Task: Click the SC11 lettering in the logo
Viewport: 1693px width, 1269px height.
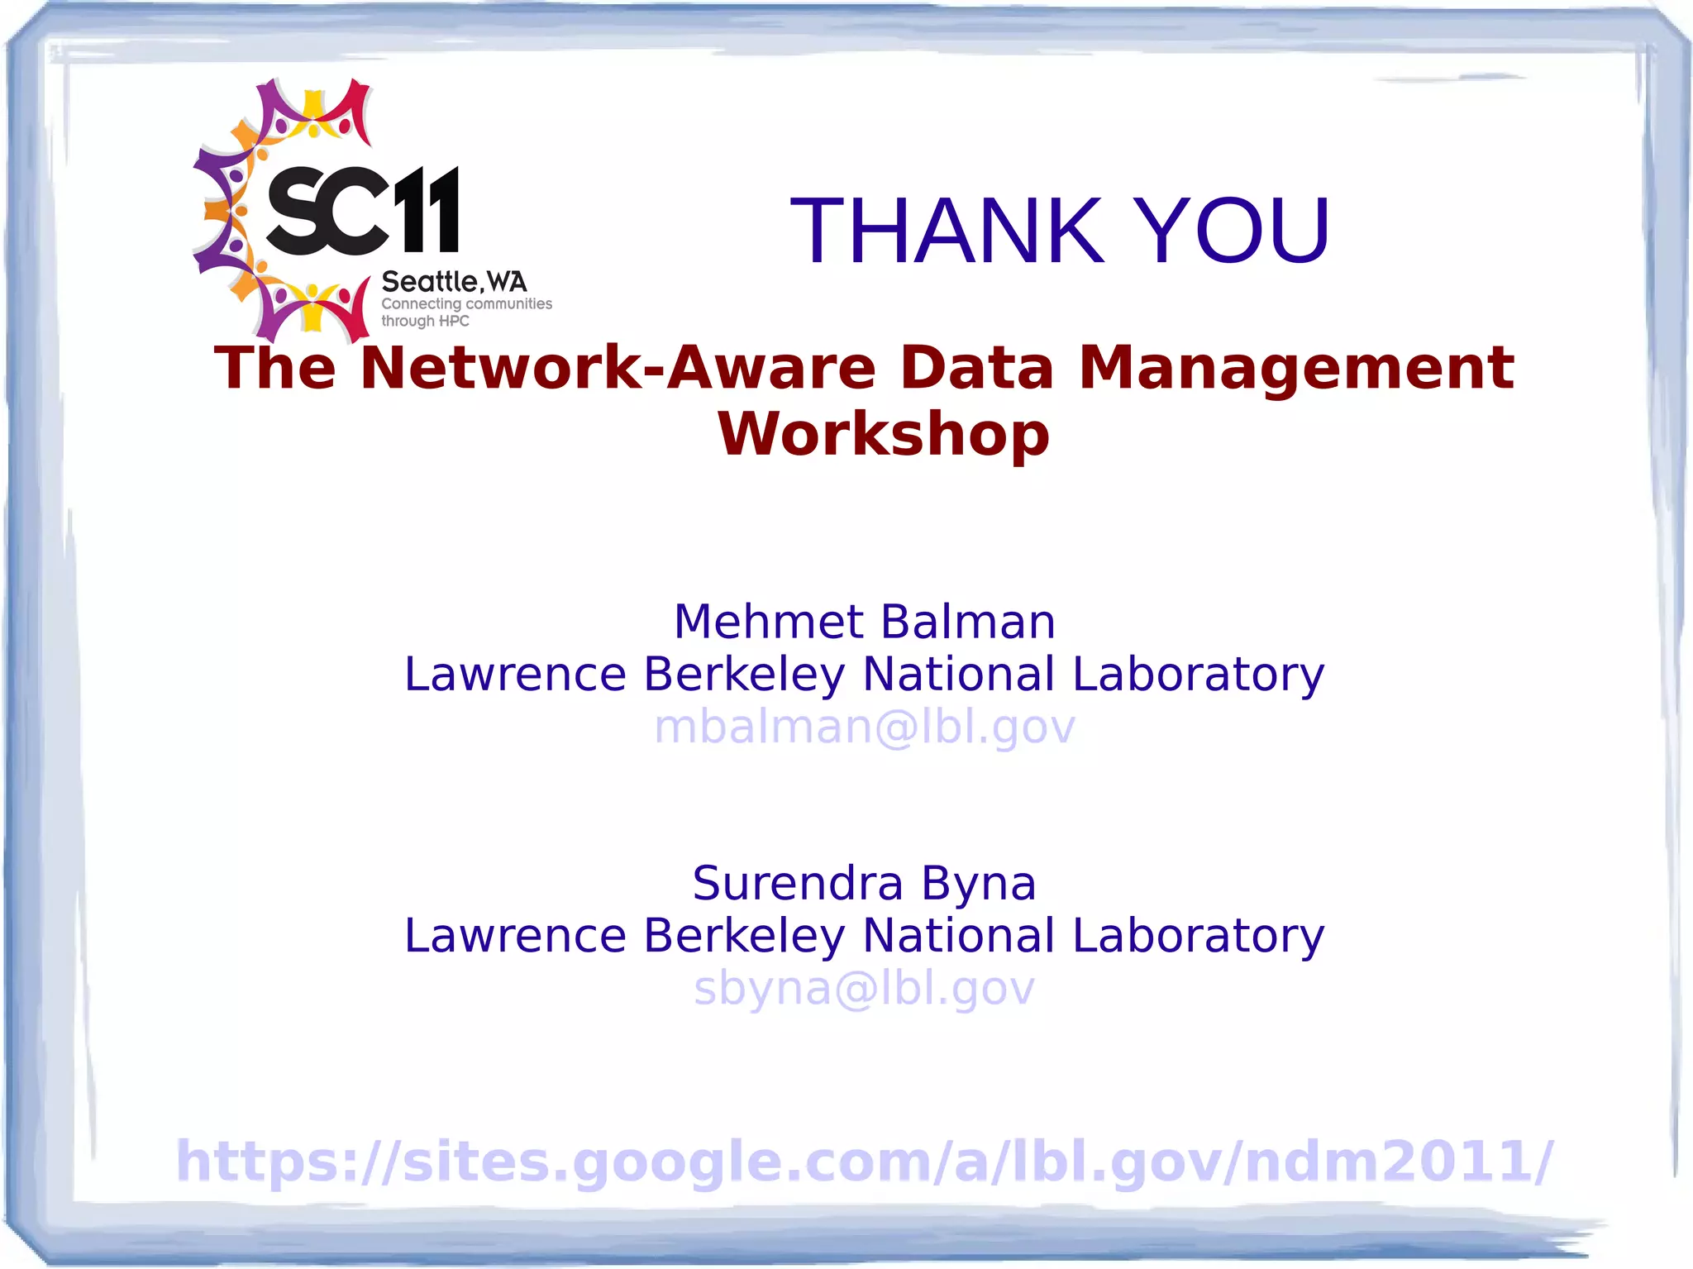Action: (x=362, y=211)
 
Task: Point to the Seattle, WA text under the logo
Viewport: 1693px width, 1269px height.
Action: (x=454, y=282)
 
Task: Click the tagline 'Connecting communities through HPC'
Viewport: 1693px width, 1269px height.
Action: (x=465, y=312)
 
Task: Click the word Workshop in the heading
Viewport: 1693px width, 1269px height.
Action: (x=884, y=434)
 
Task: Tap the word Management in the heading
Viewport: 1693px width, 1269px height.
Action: (x=1296, y=368)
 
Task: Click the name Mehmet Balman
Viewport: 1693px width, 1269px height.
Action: (x=865, y=622)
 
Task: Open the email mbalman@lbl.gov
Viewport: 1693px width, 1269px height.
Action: (x=865, y=728)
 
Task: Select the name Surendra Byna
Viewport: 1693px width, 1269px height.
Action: (x=865, y=883)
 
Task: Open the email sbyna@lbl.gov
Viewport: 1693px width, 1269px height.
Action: (x=865, y=989)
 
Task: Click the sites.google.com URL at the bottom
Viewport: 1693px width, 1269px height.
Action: (x=865, y=1162)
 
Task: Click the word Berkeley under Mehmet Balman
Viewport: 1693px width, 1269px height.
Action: (x=744, y=675)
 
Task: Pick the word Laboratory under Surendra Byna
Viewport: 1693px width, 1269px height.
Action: (x=1198, y=936)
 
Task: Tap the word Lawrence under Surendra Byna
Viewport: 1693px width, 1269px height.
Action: (x=515, y=936)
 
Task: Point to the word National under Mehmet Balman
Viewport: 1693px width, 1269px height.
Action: (x=958, y=675)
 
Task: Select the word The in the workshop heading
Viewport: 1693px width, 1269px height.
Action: (x=275, y=368)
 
